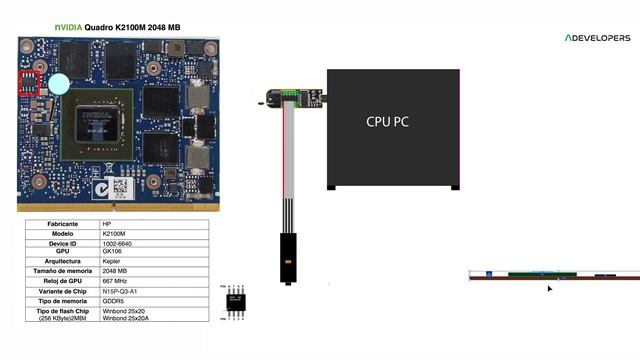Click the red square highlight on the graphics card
tap(29, 82)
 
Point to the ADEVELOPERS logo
tap(597, 37)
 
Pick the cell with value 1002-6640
tap(118, 243)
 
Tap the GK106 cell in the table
tap(112, 252)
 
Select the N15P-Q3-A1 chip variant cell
tap(121, 290)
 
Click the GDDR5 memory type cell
tap(114, 300)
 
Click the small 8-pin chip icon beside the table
tap(237, 301)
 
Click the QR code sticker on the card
tap(120, 187)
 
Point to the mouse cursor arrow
tap(549, 289)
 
